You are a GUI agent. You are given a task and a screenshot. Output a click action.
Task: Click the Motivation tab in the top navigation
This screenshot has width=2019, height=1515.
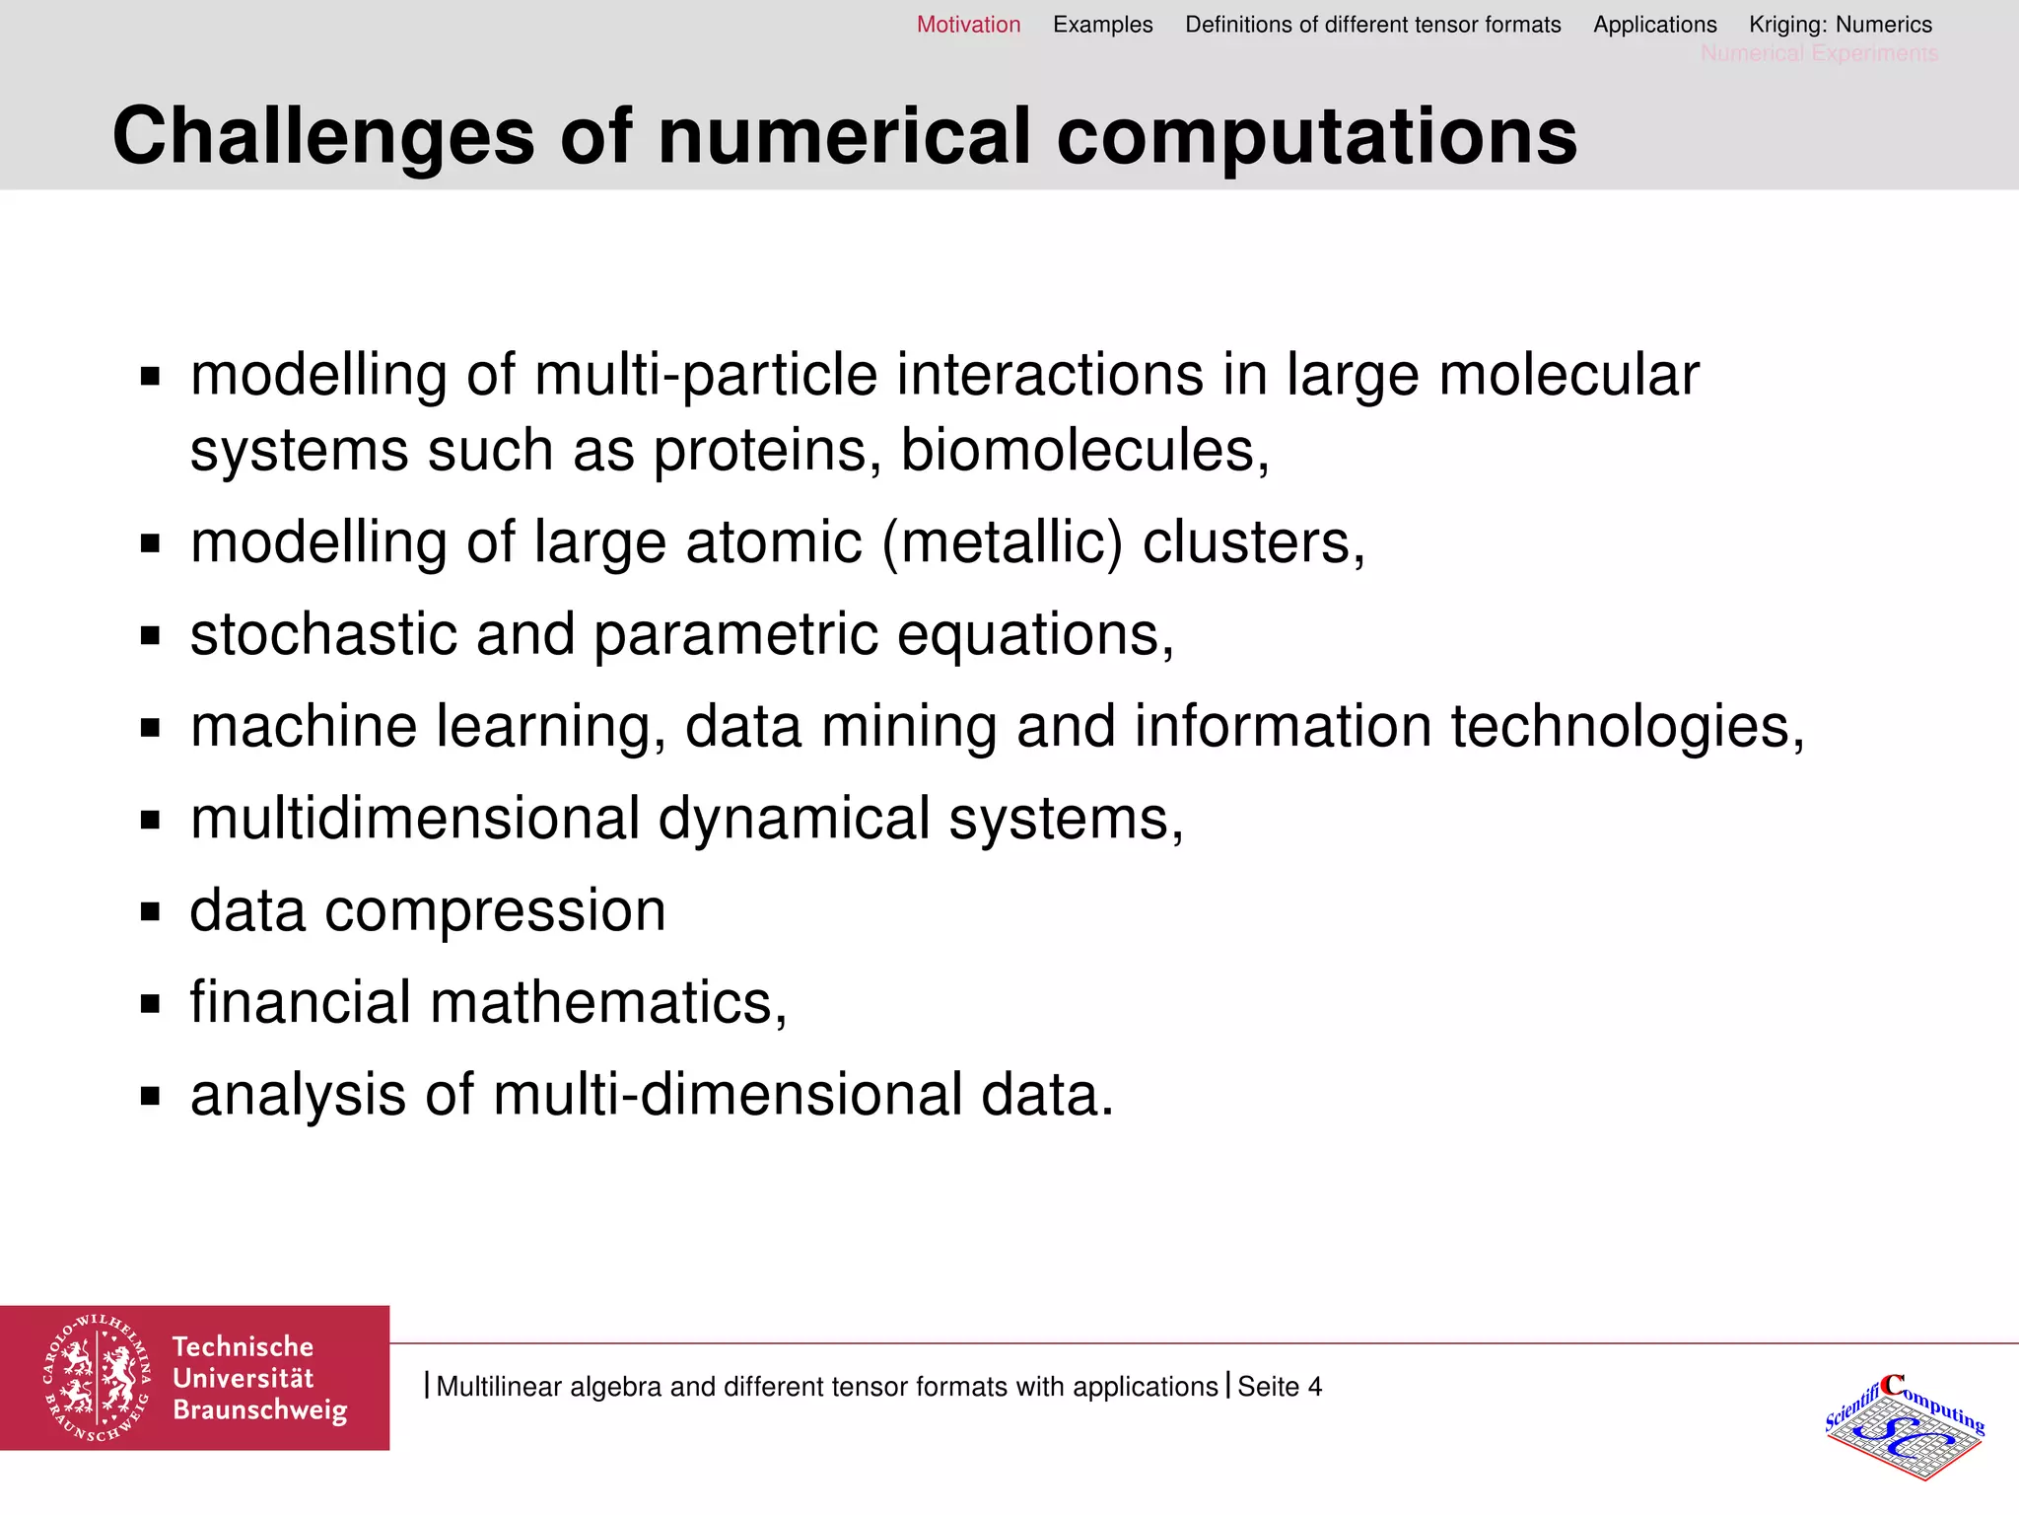click(968, 25)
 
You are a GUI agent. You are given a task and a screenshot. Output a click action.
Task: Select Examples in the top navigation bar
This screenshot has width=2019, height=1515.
click(1102, 25)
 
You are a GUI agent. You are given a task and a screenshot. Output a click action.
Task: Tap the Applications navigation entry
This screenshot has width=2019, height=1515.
click(1654, 25)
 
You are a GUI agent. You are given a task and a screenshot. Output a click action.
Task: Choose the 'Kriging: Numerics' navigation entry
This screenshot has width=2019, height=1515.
click(1840, 25)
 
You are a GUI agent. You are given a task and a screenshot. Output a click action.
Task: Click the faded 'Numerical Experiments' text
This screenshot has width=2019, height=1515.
click(1819, 53)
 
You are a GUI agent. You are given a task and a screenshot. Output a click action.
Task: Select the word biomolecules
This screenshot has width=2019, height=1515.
click(1083, 451)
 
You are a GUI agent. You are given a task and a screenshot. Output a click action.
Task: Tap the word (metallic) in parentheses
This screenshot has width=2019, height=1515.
click(1002, 542)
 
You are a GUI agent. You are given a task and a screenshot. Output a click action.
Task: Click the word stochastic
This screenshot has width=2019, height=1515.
click(323, 634)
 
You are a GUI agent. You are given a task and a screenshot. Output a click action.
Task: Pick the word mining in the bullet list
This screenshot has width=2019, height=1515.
click(908, 727)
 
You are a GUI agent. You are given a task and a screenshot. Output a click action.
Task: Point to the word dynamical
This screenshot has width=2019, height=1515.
click(794, 819)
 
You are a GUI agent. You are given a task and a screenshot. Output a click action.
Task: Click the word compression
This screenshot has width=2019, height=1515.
click(495, 910)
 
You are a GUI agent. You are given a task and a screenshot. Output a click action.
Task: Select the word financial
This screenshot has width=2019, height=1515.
click(300, 1003)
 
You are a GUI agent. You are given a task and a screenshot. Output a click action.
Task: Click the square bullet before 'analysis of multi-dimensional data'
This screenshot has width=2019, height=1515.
click(150, 1096)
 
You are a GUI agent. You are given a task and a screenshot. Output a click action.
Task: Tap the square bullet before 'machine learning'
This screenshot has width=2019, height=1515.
click(150, 728)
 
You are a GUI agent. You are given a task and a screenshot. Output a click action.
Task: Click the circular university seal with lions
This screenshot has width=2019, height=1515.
click(97, 1377)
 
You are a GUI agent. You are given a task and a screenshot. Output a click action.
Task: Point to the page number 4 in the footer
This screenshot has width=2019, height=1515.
click(1314, 1387)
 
